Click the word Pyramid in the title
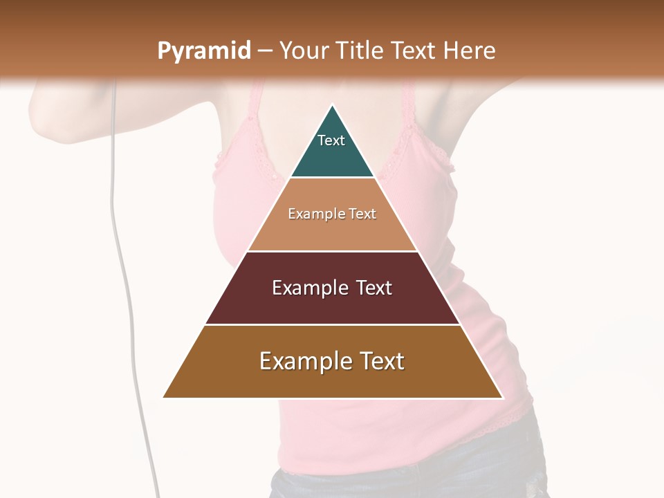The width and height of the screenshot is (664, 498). click(203, 51)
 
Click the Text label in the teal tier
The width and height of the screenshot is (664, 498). click(331, 140)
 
